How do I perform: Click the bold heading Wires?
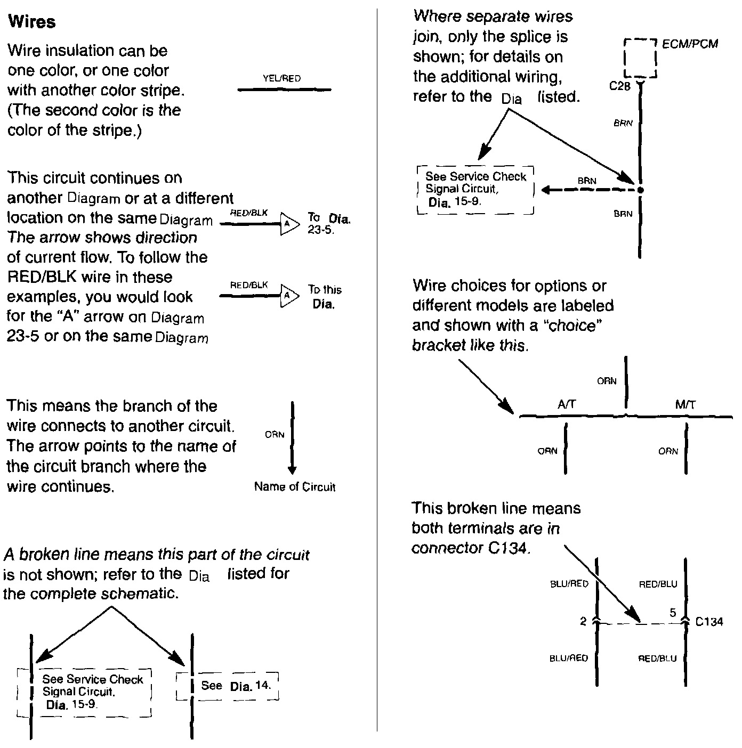pyautogui.click(x=33, y=22)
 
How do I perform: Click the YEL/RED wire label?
pyautogui.click(x=282, y=78)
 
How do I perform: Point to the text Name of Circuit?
pyautogui.click(x=295, y=486)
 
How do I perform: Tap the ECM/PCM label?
pyautogui.click(x=690, y=44)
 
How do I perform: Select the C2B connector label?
pyautogui.click(x=620, y=86)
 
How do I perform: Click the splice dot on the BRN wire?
pyautogui.click(x=640, y=190)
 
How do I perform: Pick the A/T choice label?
pyautogui.click(x=567, y=405)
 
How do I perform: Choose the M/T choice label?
pyautogui.click(x=685, y=405)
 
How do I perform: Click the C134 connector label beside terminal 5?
pyautogui.click(x=709, y=621)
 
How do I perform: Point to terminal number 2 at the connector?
pyautogui.click(x=583, y=621)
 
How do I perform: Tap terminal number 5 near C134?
pyautogui.click(x=673, y=613)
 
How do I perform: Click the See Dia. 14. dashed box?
pyautogui.click(x=228, y=686)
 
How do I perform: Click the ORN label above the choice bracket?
pyautogui.click(x=607, y=381)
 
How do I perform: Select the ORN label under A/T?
pyautogui.click(x=547, y=451)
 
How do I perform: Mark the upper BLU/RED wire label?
pyautogui.click(x=569, y=584)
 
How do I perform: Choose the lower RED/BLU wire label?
pyautogui.click(x=658, y=658)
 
